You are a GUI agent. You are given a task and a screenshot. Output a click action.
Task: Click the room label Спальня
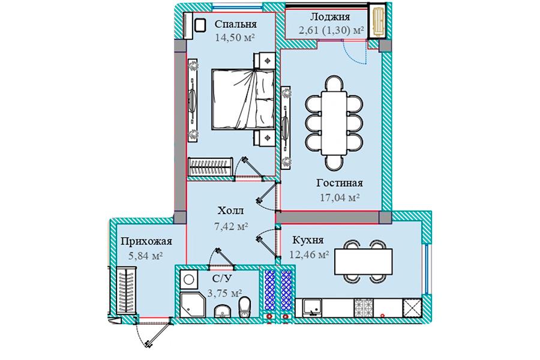236,24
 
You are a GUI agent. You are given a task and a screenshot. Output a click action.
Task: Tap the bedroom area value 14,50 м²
235,37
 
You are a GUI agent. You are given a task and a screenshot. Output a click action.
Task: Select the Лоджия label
330,17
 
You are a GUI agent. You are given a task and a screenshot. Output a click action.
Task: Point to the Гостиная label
339,182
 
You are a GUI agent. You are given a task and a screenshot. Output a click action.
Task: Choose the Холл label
230,210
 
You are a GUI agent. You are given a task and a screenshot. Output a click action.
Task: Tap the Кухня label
308,240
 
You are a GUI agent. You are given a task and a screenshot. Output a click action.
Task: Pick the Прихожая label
146,241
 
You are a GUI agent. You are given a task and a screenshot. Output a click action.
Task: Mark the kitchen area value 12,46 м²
309,254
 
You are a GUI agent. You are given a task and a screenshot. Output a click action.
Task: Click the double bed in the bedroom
243,99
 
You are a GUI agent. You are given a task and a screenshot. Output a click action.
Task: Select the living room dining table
334,122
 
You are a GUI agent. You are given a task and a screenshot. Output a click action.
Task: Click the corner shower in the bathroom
192,305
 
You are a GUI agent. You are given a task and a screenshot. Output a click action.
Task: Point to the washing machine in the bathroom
188,280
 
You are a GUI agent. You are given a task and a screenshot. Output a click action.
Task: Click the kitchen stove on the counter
364,308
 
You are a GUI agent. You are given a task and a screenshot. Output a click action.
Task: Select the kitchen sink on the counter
313,308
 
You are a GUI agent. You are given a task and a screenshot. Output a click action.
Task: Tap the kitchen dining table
364,262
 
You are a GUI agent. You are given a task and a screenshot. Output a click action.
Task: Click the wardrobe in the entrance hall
127,290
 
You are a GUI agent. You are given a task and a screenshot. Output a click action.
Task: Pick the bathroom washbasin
223,311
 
